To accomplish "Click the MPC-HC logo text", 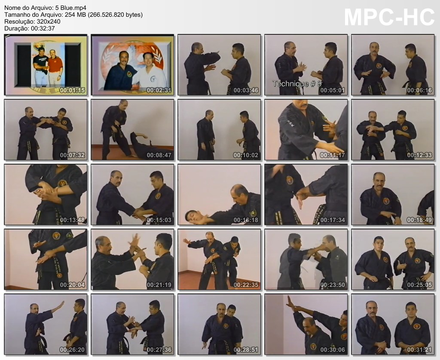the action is tap(389, 17).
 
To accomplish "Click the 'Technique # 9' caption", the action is tap(297, 84).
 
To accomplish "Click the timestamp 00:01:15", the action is tap(72, 90).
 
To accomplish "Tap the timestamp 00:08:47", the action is tap(159, 155).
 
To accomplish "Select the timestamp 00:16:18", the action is tap(246, 220).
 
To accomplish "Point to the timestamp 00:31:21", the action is tap(419, 350).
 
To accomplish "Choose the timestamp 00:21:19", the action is tap(159, 285).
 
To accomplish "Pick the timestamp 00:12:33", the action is tap(419, 155).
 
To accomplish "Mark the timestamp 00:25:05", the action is tap(419, 285).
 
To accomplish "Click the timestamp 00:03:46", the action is tap(246, 90).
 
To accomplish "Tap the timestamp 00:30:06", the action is tap(333, 350).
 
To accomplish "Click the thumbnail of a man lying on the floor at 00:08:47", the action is tap(132, 130).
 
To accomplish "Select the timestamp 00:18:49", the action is tap(419, 220).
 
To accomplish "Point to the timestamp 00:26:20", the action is tap(72, 350).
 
